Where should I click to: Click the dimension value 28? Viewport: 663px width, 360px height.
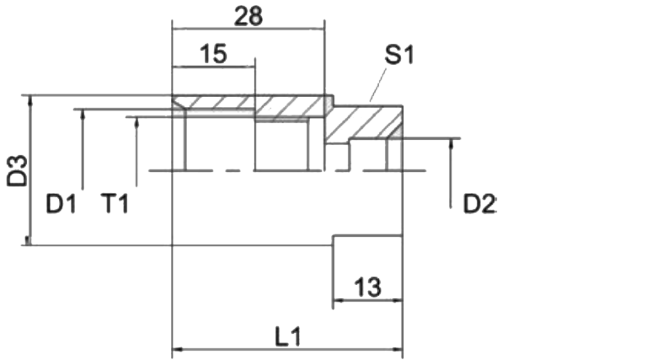tap(248, 17)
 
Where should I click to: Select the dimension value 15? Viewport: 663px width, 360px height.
tap(213, 54)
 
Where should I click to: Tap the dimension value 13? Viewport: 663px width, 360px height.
tap(368, 287)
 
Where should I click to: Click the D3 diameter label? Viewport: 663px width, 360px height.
tap(17, 171)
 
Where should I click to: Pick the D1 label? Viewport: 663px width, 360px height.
tap(61, 204)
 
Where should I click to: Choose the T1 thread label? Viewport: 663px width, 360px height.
tap(114, 204)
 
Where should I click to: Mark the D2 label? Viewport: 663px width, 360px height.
tap(479, 204)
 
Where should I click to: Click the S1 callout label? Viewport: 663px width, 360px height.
tap(399, 55)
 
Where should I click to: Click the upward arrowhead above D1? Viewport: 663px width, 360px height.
tap(83, 114)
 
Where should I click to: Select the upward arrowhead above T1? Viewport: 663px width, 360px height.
tap(137, 122)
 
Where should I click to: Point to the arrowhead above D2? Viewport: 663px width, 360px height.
tap(451, 144)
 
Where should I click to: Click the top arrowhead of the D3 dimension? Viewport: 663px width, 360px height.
tap(30, 100)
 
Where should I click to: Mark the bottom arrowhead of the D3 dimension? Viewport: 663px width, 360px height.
tap(28, 240)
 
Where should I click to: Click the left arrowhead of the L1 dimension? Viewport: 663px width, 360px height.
tap(177, 350)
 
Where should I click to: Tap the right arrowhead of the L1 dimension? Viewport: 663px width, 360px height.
tap(397, 350)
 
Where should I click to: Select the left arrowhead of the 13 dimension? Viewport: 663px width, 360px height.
tap(339, 301)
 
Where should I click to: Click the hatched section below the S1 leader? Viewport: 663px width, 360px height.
tap(364, 122)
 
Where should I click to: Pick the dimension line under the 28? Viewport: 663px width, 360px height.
tap(248, 29)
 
